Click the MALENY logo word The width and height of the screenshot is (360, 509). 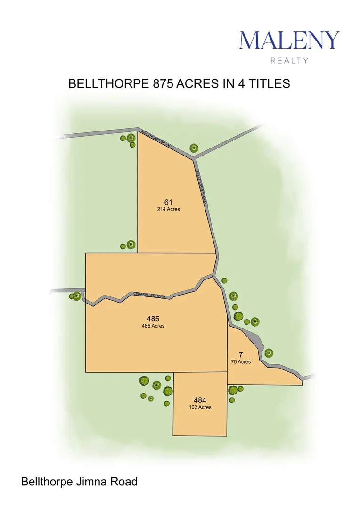click(x=289, y=40)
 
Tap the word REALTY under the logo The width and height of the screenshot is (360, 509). click(x=289, y=60)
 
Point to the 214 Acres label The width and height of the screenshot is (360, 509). click(x=168, y=209)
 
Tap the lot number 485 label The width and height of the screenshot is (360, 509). click(x=153, y=319)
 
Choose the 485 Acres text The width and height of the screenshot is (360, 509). click(x=153, y=326)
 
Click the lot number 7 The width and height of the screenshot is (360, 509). click(x=240, y=354)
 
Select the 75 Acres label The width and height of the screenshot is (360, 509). click(x=240, y=362)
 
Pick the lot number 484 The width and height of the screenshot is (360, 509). click(x=200, y=400)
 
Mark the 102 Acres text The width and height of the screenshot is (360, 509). click(x=200, y=407)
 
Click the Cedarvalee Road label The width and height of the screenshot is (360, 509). click(x=149, y=295)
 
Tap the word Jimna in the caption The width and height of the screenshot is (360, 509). click(x=96, y=482)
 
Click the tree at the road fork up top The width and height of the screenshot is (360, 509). click(x=193, y=148)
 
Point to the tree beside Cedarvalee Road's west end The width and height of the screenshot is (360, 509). click(x=75, y=296)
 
